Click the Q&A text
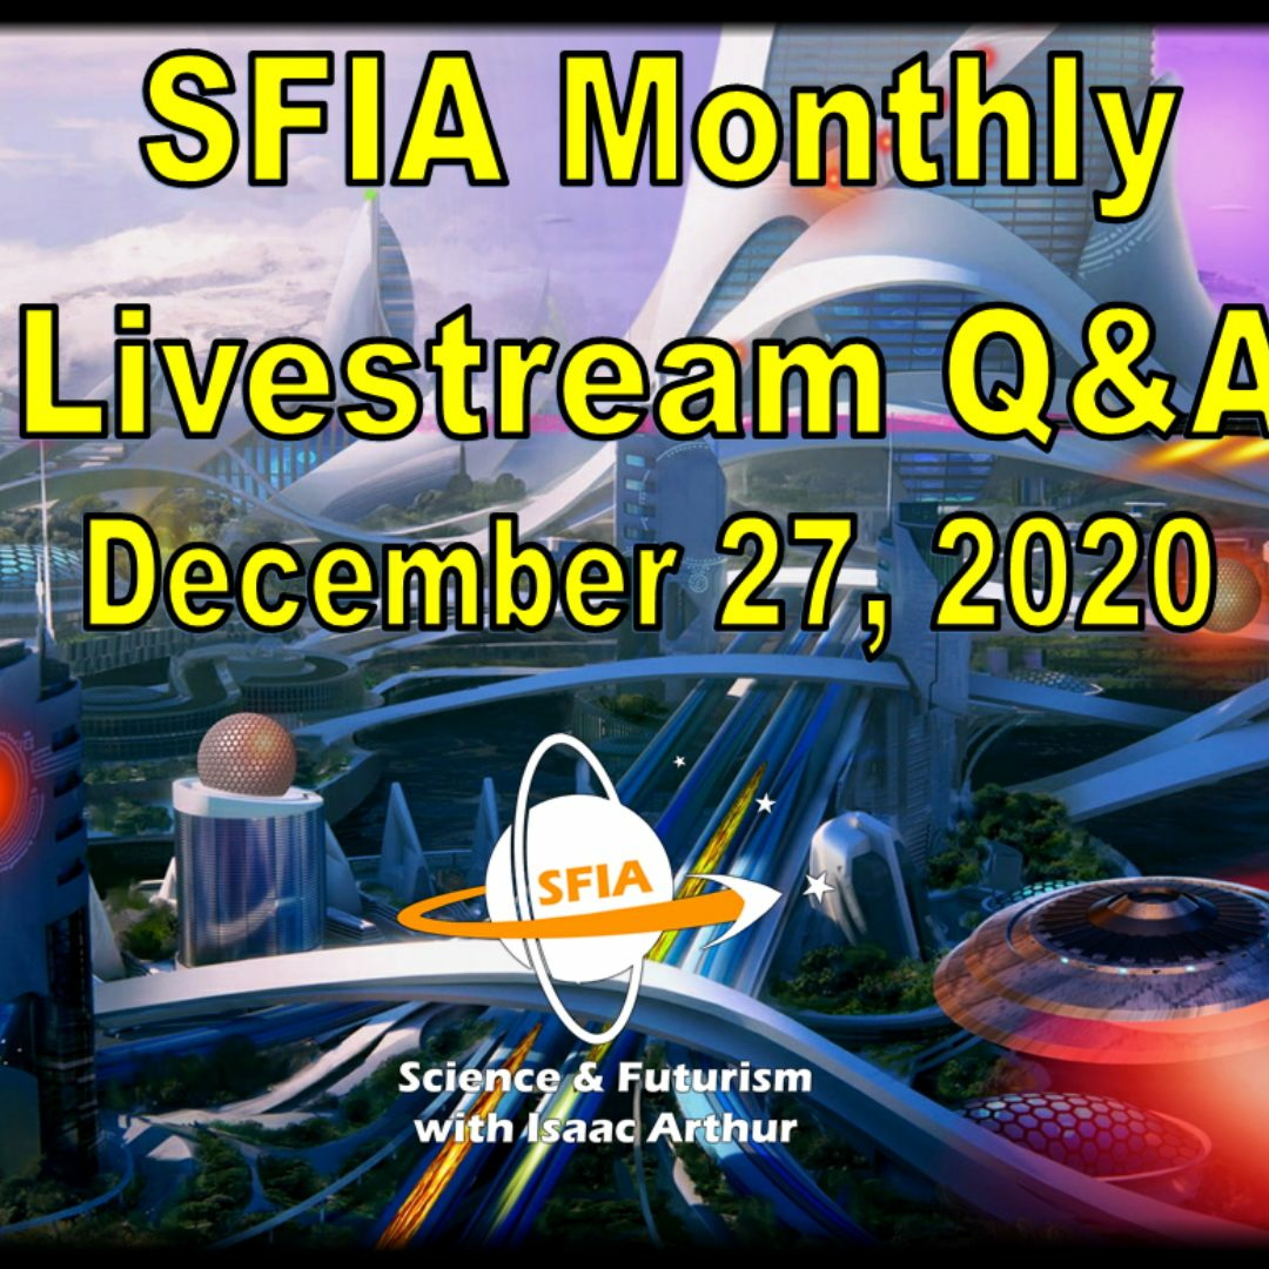(1110, 374)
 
